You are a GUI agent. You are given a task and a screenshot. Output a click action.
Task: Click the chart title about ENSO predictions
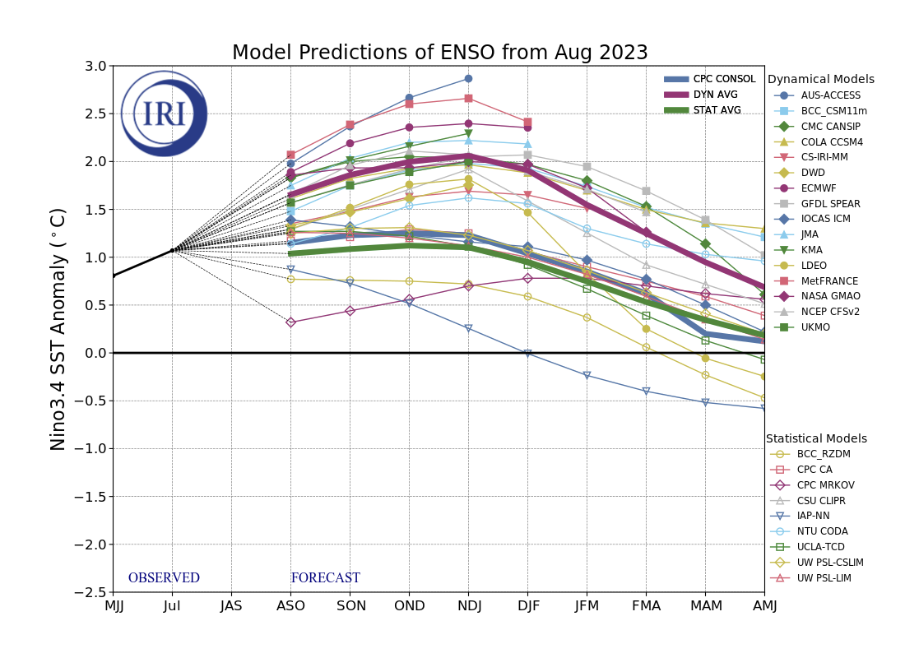point(439,53)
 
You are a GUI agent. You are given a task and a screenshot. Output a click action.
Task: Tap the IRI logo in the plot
point(164,114)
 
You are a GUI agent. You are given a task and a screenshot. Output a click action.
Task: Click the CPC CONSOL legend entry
point(724,79)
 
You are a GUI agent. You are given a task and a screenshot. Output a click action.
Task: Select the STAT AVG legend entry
point(717,110)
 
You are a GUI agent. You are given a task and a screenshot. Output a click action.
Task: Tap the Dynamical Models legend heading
point(820,80)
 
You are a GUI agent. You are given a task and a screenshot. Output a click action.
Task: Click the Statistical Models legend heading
point(816,439)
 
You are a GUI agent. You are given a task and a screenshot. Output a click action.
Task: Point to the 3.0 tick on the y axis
point(95,67)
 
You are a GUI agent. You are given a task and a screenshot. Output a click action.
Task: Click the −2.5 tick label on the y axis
point(92,592)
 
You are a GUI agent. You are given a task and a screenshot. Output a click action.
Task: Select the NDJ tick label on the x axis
point(468,606)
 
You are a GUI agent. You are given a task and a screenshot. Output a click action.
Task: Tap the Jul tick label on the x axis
point(172,606)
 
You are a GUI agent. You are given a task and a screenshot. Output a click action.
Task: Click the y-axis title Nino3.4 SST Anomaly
point(58,329)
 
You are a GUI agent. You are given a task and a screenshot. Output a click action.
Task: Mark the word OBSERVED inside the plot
point(164,578)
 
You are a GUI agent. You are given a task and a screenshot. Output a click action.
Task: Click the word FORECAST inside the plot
point(325,578)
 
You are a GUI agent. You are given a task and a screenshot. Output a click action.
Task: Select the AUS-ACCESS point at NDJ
point(468,79)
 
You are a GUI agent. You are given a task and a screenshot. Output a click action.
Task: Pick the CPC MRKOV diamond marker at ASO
point(290,322)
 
